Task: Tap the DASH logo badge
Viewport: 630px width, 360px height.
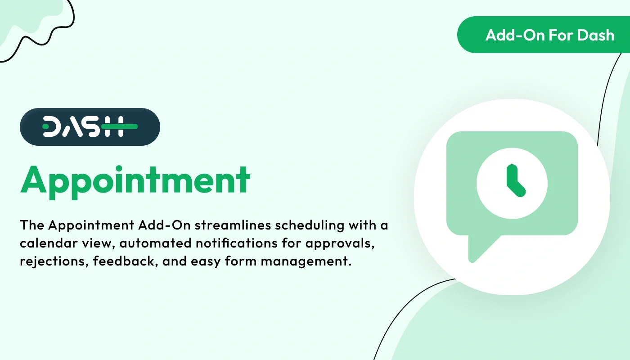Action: [90, 127]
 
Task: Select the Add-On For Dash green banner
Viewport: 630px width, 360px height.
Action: [544, 35]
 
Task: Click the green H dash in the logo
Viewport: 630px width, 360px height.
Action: [119, 127]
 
